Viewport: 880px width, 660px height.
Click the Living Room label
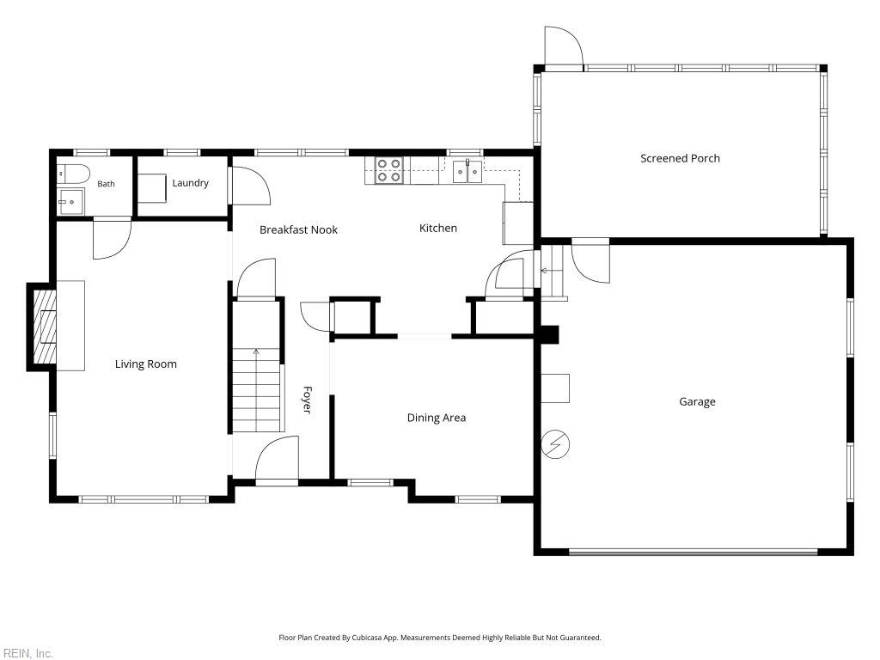pyautogui.click(x=146, y=364)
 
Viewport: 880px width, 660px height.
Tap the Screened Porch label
pyautogui.click(x=680, y=158)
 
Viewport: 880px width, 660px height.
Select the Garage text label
pyautogui.click(x=697, y=402)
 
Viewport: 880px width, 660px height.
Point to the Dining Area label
pyautogui.click(x=436, y=418)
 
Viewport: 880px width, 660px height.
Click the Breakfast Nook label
pyautogui.click(x=298, y=229)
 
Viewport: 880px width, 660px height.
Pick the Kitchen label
pyautogui.click(x=437, y=228)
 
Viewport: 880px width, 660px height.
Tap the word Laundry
pyautogui.click(x=190, y=183)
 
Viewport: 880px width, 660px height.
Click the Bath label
pyautogui.click(x=106, y=184)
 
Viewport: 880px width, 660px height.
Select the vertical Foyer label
pyautogui.click(x=307, y=400)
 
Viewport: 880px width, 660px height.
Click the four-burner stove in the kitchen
pyautogui.click(x=389, y=170)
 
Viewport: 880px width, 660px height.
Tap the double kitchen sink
pyautogui.click(x=467, y=171)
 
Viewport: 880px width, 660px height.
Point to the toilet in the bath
pyautogui.click(x=74, y=174)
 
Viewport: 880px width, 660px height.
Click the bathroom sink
pyautogui.click(x=70, y=201)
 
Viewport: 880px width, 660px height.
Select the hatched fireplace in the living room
pyautogui.click(x=45, y=326)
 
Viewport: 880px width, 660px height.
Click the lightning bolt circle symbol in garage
pyautogui.click(x=555, y=444)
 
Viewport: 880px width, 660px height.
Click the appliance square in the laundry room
pyautogui.click(x=152, y=188)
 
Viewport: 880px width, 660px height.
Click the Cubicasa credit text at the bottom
pyautogui.click(x=439, y=638)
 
